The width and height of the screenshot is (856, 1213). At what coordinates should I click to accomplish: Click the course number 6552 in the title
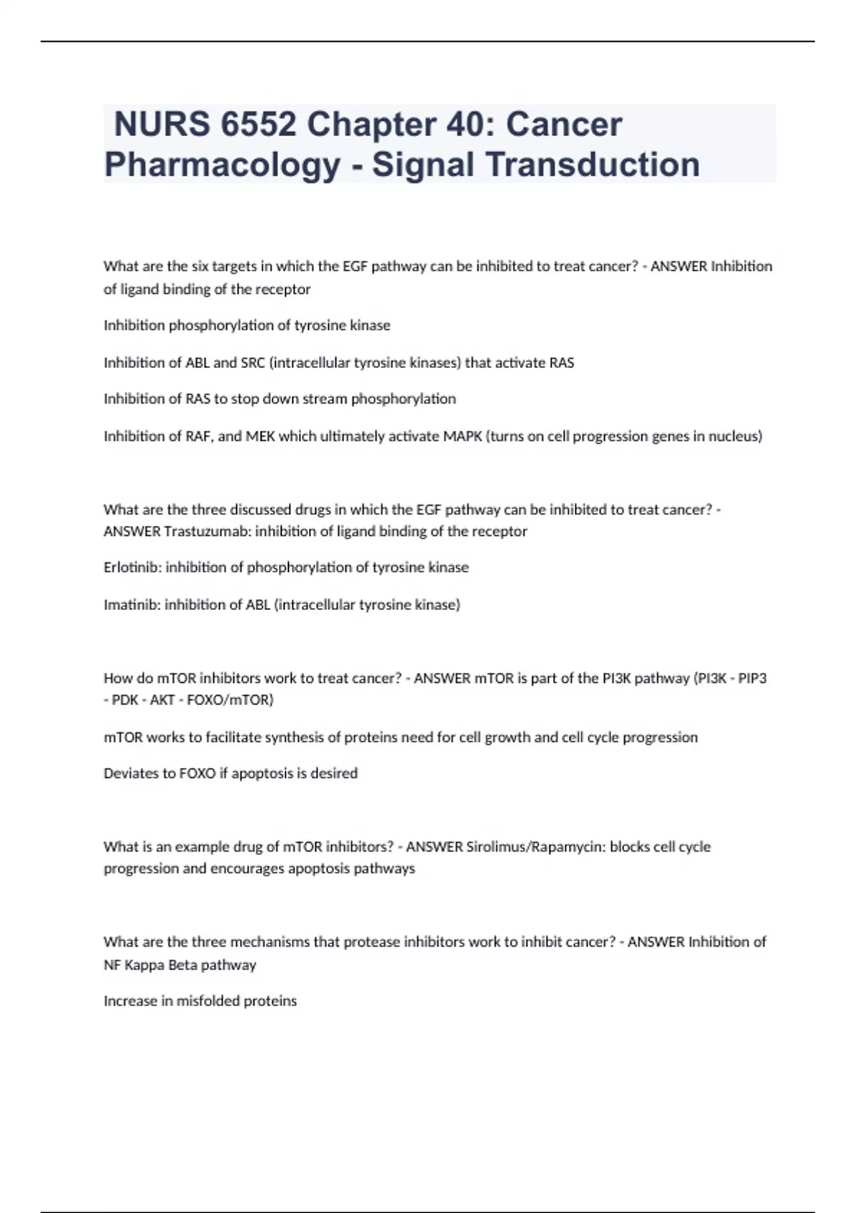tap(258, 124)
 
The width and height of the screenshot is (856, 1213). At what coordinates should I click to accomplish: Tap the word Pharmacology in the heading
tap(222, 165)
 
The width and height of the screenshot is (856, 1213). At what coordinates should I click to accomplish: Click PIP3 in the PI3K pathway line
tap(753, 678)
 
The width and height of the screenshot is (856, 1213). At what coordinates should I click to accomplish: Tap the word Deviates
tap(131, 773)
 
